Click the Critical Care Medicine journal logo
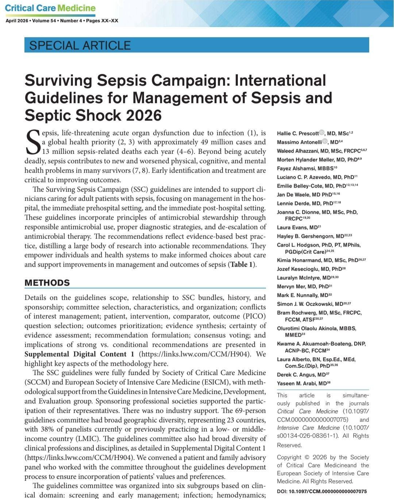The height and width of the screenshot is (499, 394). [50, 8]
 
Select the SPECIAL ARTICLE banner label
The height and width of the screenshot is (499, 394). [80, 45]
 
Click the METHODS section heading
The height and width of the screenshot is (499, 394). [47, 283]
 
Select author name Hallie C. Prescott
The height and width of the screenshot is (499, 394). [298, 133]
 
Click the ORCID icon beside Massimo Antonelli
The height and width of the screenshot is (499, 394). [325, 142]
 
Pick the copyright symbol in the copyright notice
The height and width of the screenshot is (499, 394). [307, 457]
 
